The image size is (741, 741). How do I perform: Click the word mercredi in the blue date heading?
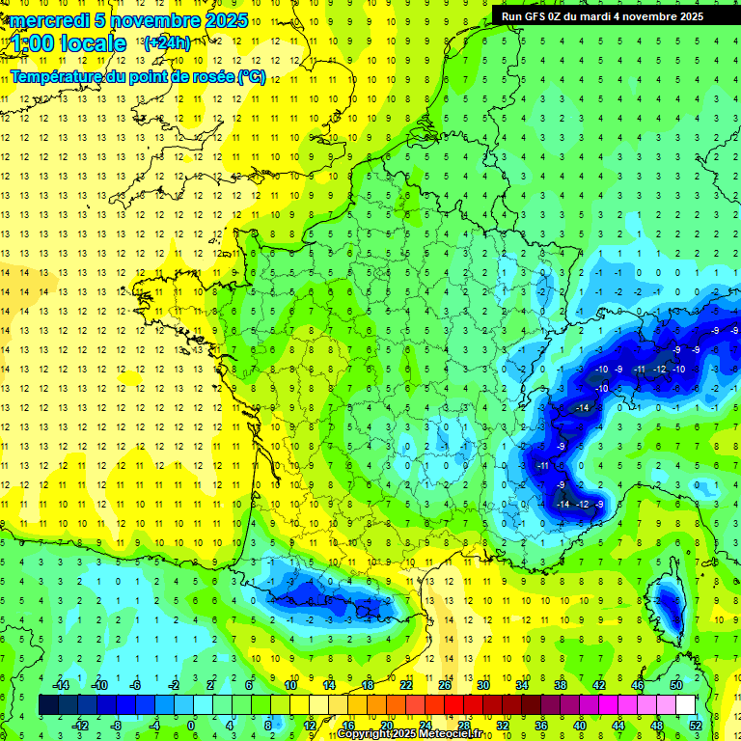pos(49,20)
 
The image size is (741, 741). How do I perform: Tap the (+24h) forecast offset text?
pos(167,42)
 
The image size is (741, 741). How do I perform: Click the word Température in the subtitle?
pos(59,77)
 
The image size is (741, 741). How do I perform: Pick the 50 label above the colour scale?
pos(675,685)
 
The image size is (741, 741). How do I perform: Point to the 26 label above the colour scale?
pos(445,685)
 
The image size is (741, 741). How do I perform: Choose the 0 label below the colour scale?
pos(191,726)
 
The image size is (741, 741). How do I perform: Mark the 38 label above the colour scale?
pos(560,685)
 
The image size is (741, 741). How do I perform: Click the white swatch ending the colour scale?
pos(685,705)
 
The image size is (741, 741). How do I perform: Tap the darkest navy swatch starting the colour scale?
pos(48,705)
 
